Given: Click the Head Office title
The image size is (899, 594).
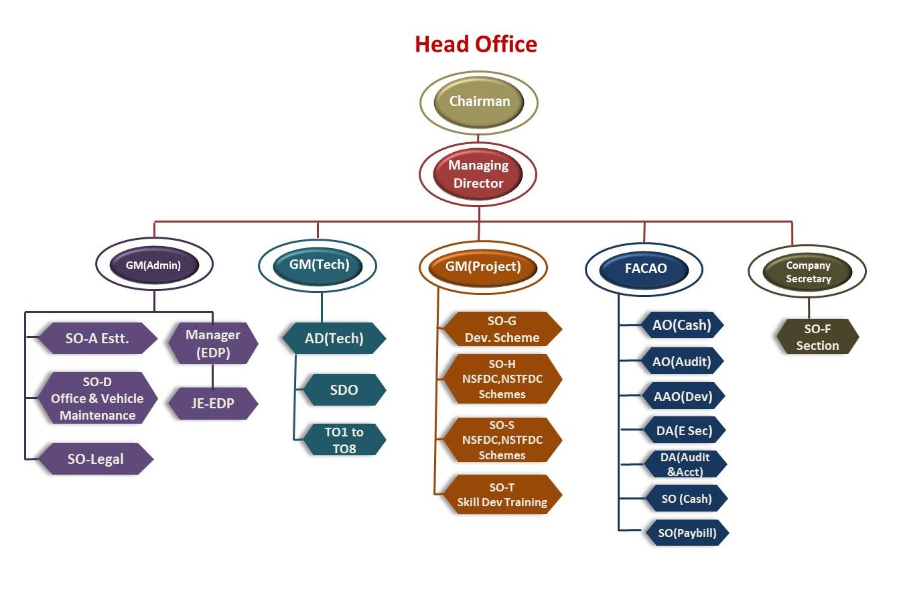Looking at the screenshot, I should tap(476, 44).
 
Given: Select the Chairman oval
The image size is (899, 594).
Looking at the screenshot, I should tap(479, 102).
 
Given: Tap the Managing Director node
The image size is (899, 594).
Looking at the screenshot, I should tap(478, 174).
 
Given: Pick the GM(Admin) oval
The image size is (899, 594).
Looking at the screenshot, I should tap(154, 265).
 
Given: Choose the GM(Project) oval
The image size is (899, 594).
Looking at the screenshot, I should tap(483, 267).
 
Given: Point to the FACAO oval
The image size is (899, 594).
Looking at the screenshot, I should tap(643, 270).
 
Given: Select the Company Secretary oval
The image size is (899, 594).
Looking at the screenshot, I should tap(808, 272).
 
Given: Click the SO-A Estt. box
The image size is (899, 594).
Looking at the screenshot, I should tap(98, 339).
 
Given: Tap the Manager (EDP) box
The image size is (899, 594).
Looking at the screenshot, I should tap(212, 343).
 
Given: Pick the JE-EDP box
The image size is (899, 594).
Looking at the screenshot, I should tap(212, 404).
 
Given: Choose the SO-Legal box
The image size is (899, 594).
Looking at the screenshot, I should tap(96, 459).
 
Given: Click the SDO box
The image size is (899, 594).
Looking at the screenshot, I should tap(344, 390).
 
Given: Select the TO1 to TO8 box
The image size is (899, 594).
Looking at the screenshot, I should tap(344, 440).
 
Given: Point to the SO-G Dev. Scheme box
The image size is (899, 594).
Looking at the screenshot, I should tap(502, 329).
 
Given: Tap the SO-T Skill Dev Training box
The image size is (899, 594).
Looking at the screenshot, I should tap(502, 495).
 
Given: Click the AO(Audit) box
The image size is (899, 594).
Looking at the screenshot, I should tap(681, 361).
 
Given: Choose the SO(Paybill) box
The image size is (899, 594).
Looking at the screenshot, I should tap(686, 534).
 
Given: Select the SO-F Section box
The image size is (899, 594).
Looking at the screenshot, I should tap(817, 337).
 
